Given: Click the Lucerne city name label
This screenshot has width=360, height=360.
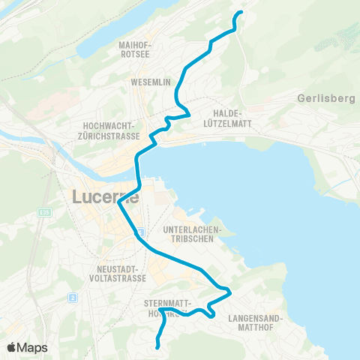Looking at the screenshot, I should [105, 198].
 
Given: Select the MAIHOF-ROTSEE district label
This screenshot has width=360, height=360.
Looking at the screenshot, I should [136, 49].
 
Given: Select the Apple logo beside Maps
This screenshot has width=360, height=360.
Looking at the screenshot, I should [13, 347].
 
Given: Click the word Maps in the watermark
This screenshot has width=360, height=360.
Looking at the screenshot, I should [34, 347].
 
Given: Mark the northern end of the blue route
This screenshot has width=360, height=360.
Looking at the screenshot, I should [241, 13].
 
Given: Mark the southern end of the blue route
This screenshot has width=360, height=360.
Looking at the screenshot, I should [157, 346].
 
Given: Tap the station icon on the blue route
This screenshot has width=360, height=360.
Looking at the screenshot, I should [139, 234].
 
